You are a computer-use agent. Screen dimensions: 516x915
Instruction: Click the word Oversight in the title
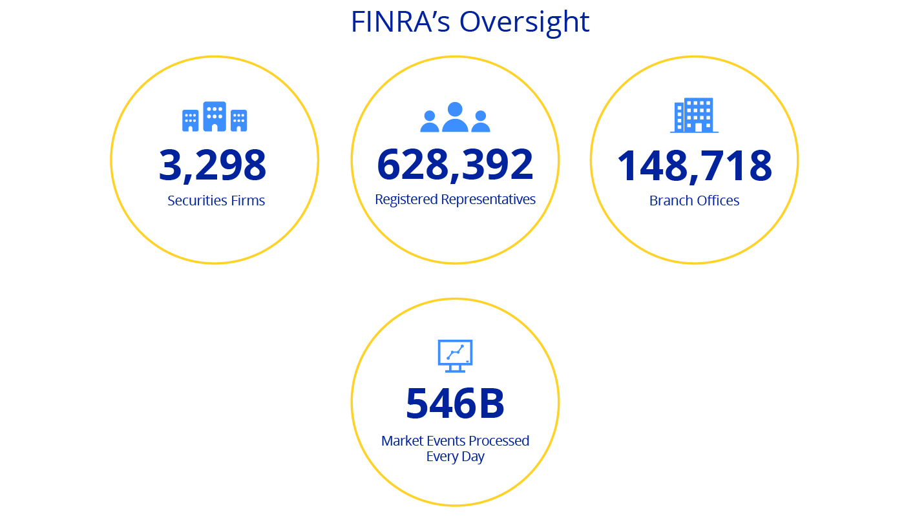point(524,22)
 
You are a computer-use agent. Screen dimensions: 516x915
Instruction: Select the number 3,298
point(213,165)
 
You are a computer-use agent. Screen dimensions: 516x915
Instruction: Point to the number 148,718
point(694,165)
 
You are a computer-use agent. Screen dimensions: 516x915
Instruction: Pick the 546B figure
point(455,403)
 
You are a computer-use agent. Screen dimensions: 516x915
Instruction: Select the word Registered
point(406,200)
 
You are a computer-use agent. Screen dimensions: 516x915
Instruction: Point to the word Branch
point(669,201)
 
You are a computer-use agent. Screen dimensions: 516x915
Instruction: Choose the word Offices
point(718,201)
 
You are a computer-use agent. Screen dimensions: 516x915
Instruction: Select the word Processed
point(499,441)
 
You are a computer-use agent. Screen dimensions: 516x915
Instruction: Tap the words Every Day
point(455,457)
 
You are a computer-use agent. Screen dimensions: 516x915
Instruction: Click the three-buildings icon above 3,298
point(215,117)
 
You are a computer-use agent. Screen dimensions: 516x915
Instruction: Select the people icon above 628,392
point(455,118)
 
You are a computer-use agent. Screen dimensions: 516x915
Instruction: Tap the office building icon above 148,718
point(694,116)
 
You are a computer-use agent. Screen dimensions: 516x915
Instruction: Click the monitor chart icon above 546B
point(455,355)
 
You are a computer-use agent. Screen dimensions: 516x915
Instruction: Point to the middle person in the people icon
point(455,117)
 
